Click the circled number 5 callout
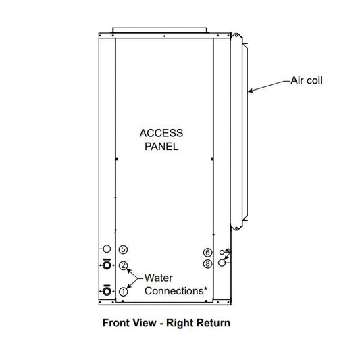pyautogui.click(x=124, y=249)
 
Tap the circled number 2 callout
pyautogui.click(x=124, y=266)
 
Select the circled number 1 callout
pyautogui.click(x=124, y=292)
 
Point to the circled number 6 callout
pyautogui.click(x=207, y=253)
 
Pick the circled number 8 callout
pyautogui.click(x=207, y=264)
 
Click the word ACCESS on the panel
pyautogui.click(x=161, y=133)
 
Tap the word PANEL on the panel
pyautogui.click(x=161, y=147)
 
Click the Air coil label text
pyautogui.click(x=307, y=80)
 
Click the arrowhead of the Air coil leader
pyautogui.click(x=249, y=92)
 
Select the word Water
pyautogui.click(x=158, y=278)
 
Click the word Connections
pyautogui.click(x=174, y=291)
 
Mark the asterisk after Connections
pyautogui.click(x=205, y=288)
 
